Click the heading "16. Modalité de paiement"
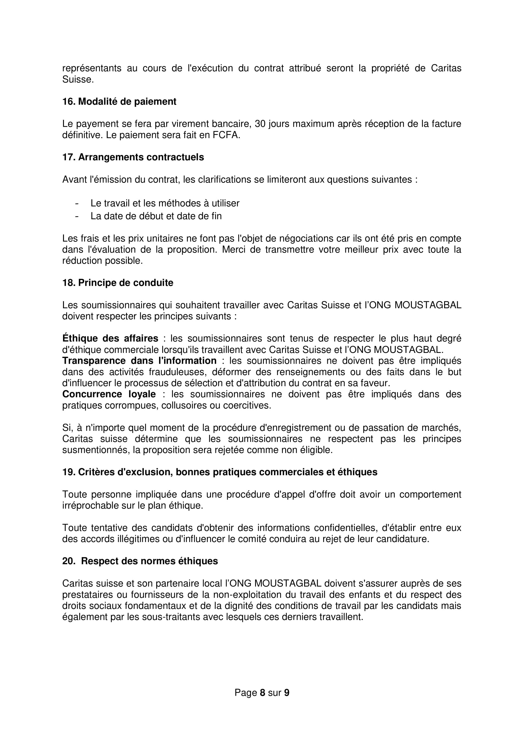pos(119,102)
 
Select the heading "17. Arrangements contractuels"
pos(133,157)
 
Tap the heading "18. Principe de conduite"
pos(118,283)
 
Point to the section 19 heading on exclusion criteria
pos(220,472)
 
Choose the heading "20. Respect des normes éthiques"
pos(140,561)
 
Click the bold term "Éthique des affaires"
pos(110,339)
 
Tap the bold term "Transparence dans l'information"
pos(139,361)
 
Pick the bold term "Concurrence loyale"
pos(109,394)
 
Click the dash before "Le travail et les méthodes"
pos(77,204)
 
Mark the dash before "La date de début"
pos(77,216)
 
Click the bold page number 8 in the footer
pos(262,693)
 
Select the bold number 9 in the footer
pos(286,693)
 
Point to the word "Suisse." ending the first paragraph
pos(78,80)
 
